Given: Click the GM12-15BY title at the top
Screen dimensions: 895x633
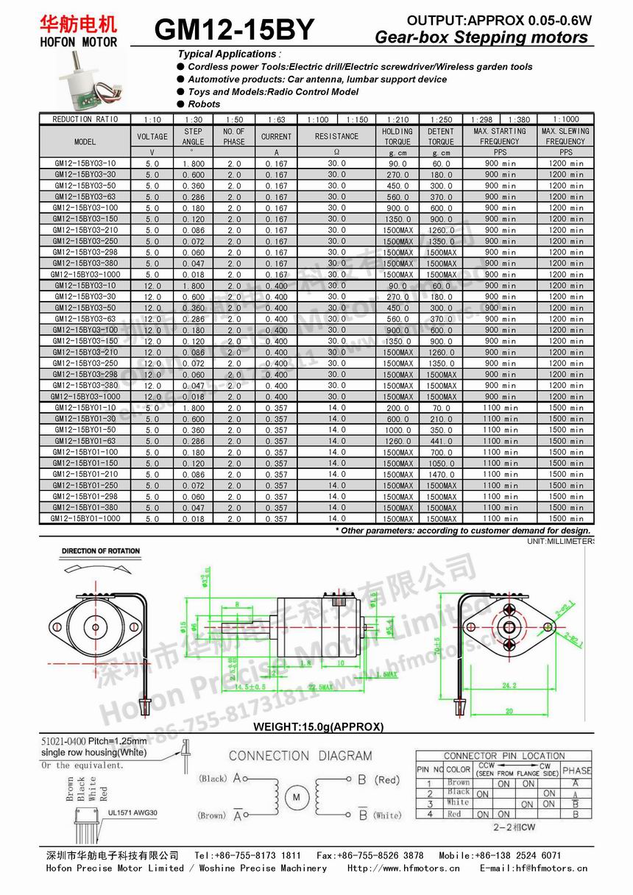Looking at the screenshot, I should pos(235,30).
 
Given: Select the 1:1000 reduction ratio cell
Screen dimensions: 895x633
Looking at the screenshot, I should pos(565,119).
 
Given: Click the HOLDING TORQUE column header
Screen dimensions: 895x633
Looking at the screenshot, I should pos(397,136).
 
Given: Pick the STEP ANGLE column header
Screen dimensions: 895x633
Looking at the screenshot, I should pos(193,136).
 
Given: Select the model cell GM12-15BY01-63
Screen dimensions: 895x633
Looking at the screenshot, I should pos(85,441).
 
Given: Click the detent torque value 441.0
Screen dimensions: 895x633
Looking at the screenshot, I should pos(441,441).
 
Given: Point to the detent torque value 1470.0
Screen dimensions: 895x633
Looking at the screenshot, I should pos(441,475).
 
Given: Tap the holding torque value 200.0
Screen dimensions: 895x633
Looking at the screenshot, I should pos(397,408).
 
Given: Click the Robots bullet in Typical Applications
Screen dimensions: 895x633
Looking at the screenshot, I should pos(204,105).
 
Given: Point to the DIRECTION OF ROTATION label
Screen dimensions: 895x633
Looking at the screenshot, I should pos(101,551).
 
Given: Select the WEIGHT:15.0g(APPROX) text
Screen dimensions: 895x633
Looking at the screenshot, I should pos(318,726).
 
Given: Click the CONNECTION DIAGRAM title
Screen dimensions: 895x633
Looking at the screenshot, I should pos(300,755).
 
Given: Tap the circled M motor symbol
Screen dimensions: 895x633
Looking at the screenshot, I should pos(297,796).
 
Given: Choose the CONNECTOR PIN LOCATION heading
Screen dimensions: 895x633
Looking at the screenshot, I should pos(503,756).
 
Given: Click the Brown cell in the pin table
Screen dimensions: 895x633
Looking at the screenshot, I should pos(458,782).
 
